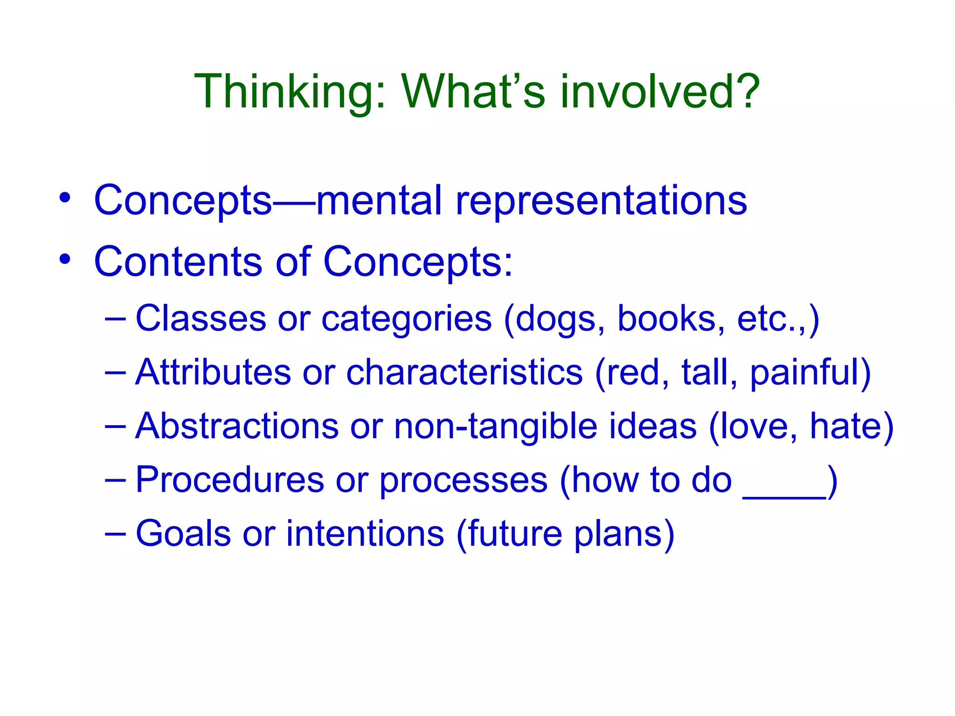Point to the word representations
pos(601,200)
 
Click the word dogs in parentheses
pos(555,319)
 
